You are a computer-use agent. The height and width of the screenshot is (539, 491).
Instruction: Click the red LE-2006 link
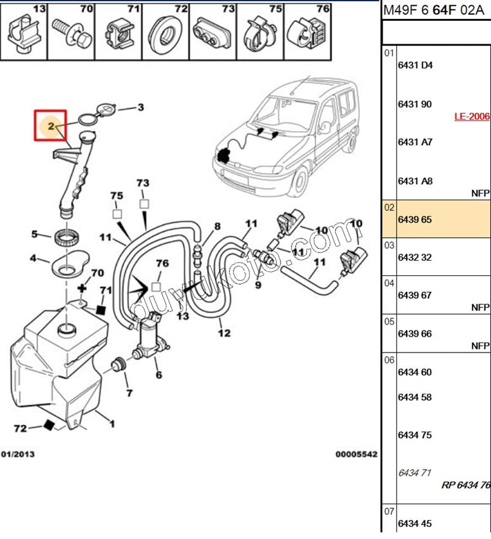tap(471, 116)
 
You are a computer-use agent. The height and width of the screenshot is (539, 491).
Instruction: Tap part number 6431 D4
tap(415, 65)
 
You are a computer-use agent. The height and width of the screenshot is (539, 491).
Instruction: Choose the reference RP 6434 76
tap(466, 485)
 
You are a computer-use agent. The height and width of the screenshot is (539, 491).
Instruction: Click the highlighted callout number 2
tap(51, 126)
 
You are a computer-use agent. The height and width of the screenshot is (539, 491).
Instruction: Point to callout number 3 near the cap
tap(141, 107)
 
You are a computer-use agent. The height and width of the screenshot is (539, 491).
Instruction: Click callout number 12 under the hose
tap(225, 332)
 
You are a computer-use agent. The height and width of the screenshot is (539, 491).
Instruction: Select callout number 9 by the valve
tap(258, 285)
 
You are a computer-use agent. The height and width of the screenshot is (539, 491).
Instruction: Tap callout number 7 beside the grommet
tap(129, 393)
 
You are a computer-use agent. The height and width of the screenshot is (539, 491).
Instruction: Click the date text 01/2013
tap(18, 454)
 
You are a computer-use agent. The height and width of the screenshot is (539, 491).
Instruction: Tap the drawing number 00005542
tap(356, 454)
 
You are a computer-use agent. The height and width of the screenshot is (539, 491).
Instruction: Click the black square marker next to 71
tap(100, 309)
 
